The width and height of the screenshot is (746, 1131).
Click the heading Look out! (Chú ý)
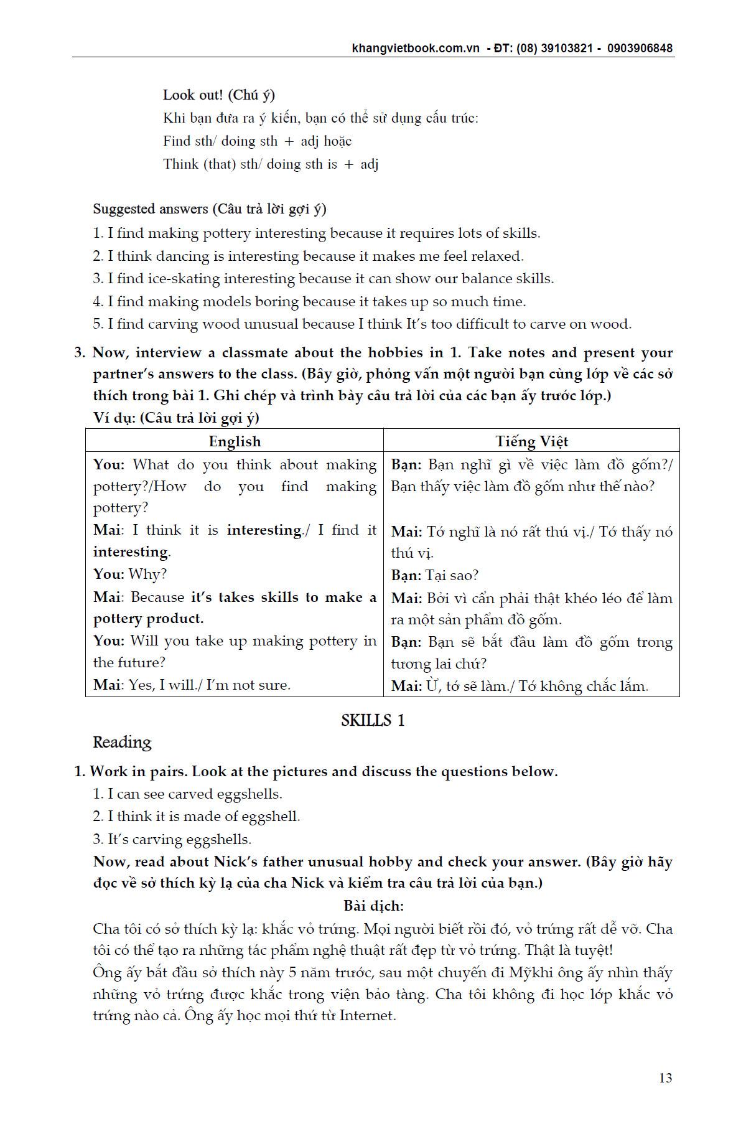(219, 95)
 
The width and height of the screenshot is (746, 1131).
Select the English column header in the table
(235, 441)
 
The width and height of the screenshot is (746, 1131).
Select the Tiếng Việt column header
(531, 441)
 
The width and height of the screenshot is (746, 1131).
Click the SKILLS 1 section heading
(373, 720)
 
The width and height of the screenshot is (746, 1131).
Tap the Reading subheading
(122, 742)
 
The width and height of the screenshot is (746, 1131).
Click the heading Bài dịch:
(373, 906)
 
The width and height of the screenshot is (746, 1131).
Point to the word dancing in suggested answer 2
(182, 256)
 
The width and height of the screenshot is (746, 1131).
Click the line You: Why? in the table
(130, 574)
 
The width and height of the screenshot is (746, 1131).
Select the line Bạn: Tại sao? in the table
(434, 575)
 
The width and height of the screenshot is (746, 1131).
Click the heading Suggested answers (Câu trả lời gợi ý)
(210, 209)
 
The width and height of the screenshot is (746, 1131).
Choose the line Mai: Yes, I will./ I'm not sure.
(192, 685)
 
